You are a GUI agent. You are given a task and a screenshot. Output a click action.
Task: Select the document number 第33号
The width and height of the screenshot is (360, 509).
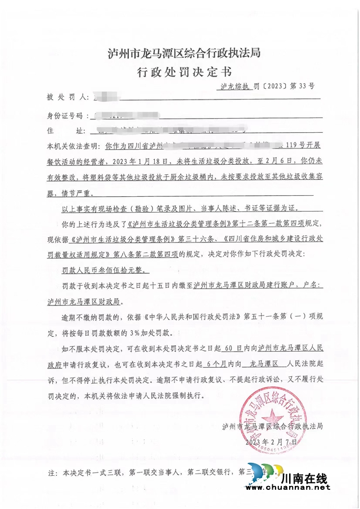coord(302,87)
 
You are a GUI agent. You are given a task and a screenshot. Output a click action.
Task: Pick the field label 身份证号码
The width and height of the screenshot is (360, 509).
coord(68,116)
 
